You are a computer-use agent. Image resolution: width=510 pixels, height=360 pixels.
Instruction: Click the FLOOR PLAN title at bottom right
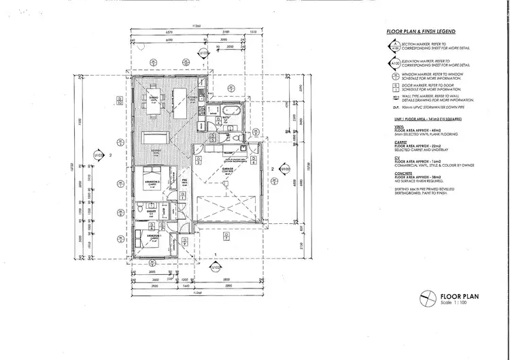(460, 296)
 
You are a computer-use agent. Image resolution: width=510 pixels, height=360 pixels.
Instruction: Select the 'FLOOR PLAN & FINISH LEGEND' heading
(415, 32)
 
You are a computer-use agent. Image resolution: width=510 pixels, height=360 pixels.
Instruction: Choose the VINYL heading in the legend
(391, 127)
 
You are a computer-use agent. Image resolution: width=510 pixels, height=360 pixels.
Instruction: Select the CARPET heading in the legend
(392, 141)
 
